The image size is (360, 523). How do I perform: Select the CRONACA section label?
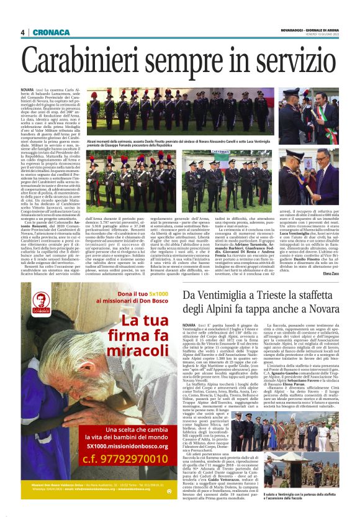point(52,32)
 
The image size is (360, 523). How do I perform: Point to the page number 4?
point(22,32)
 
